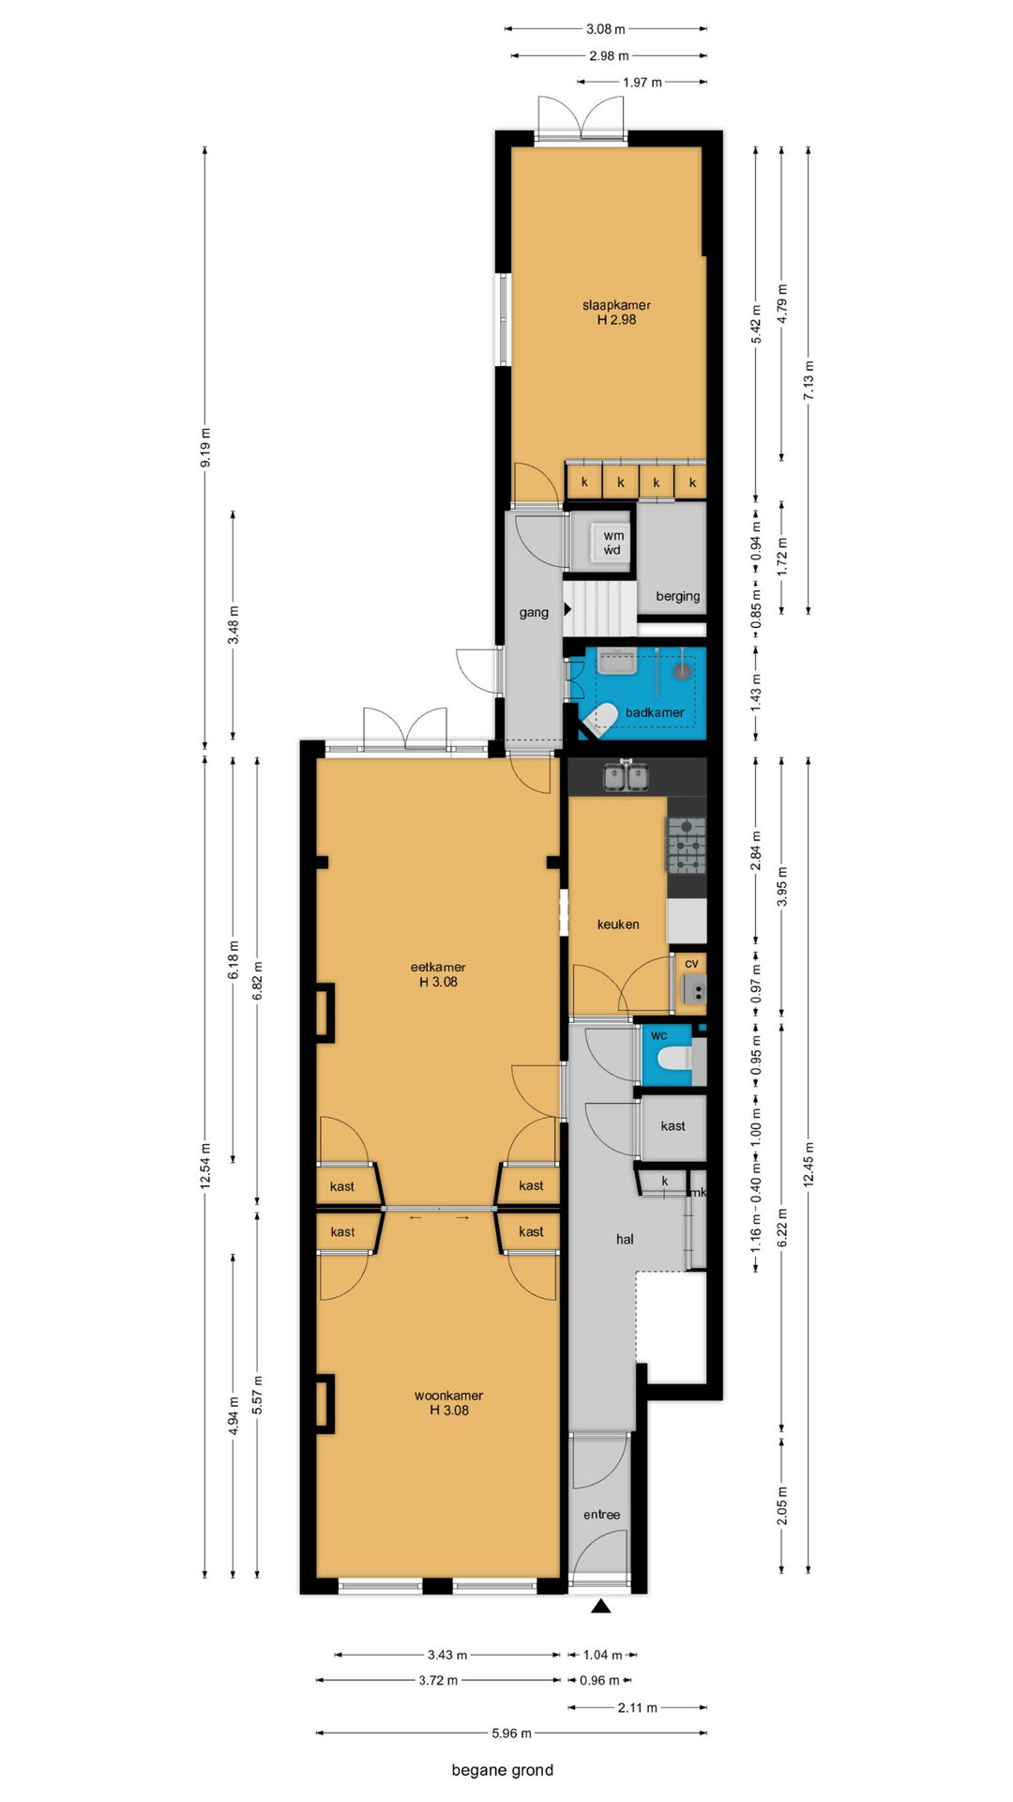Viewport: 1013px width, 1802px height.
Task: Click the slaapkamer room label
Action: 616,305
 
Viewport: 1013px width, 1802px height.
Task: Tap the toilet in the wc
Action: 674,1060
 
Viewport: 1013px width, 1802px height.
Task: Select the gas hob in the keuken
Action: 686,846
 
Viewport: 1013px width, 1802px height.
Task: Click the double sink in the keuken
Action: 626,776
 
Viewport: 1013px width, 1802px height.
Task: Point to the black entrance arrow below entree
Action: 601,1606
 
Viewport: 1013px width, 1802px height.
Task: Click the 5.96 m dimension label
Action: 512,1733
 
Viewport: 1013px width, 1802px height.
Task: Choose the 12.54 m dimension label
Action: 205,1166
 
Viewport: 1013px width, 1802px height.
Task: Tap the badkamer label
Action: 655,712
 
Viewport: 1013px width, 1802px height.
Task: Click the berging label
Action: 677,596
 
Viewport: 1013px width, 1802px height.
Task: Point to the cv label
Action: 691,963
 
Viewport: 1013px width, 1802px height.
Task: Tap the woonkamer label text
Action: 448,1396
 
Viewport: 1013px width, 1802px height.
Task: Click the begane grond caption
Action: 503,1770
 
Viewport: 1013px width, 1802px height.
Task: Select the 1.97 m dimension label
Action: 643,83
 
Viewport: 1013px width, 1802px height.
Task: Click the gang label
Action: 534,613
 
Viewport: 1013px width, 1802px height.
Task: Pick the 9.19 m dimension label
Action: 205,447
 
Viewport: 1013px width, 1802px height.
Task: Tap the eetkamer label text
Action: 438,967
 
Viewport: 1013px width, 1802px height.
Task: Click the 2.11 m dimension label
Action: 638,1707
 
